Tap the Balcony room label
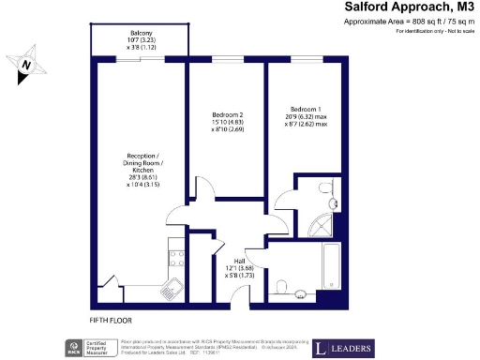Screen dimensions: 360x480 click(142, 34)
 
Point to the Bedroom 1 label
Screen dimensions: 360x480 click(308, 107)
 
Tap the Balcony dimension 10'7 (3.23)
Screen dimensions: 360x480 click(142, 41)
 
